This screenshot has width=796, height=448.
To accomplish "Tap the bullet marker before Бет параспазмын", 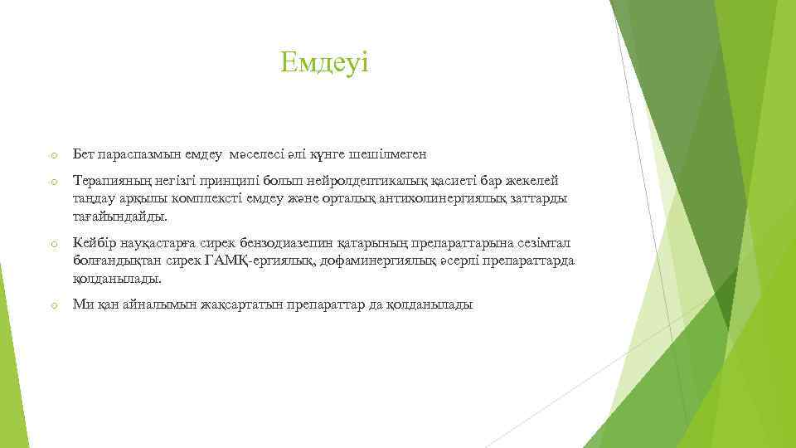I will (52, 156).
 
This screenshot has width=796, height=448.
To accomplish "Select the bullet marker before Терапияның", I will (52, 182).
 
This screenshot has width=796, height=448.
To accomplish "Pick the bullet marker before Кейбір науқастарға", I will (52, 244).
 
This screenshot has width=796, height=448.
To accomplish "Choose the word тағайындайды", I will (119, 217).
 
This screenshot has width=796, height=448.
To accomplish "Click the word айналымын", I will (163, 304).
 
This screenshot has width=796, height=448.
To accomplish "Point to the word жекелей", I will (536, 180).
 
